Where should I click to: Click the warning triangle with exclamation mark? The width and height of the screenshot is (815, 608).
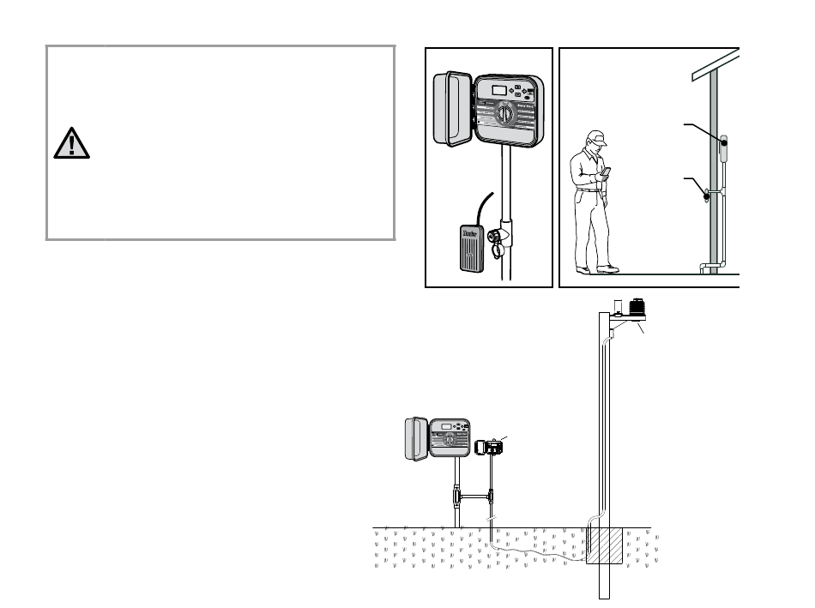click(71, 144)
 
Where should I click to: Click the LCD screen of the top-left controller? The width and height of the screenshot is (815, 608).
click(498, 88)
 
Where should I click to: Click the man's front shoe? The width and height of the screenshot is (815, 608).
click(608, 268)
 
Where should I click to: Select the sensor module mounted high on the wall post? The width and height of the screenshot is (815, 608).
click(724, 150)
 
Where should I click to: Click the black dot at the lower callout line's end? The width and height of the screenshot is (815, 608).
click(707, 196)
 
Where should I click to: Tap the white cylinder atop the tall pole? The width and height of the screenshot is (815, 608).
click(617, 305)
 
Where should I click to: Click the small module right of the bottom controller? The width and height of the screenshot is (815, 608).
click(492, 447)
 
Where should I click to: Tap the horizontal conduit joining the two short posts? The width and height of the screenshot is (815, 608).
click(473, 497)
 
